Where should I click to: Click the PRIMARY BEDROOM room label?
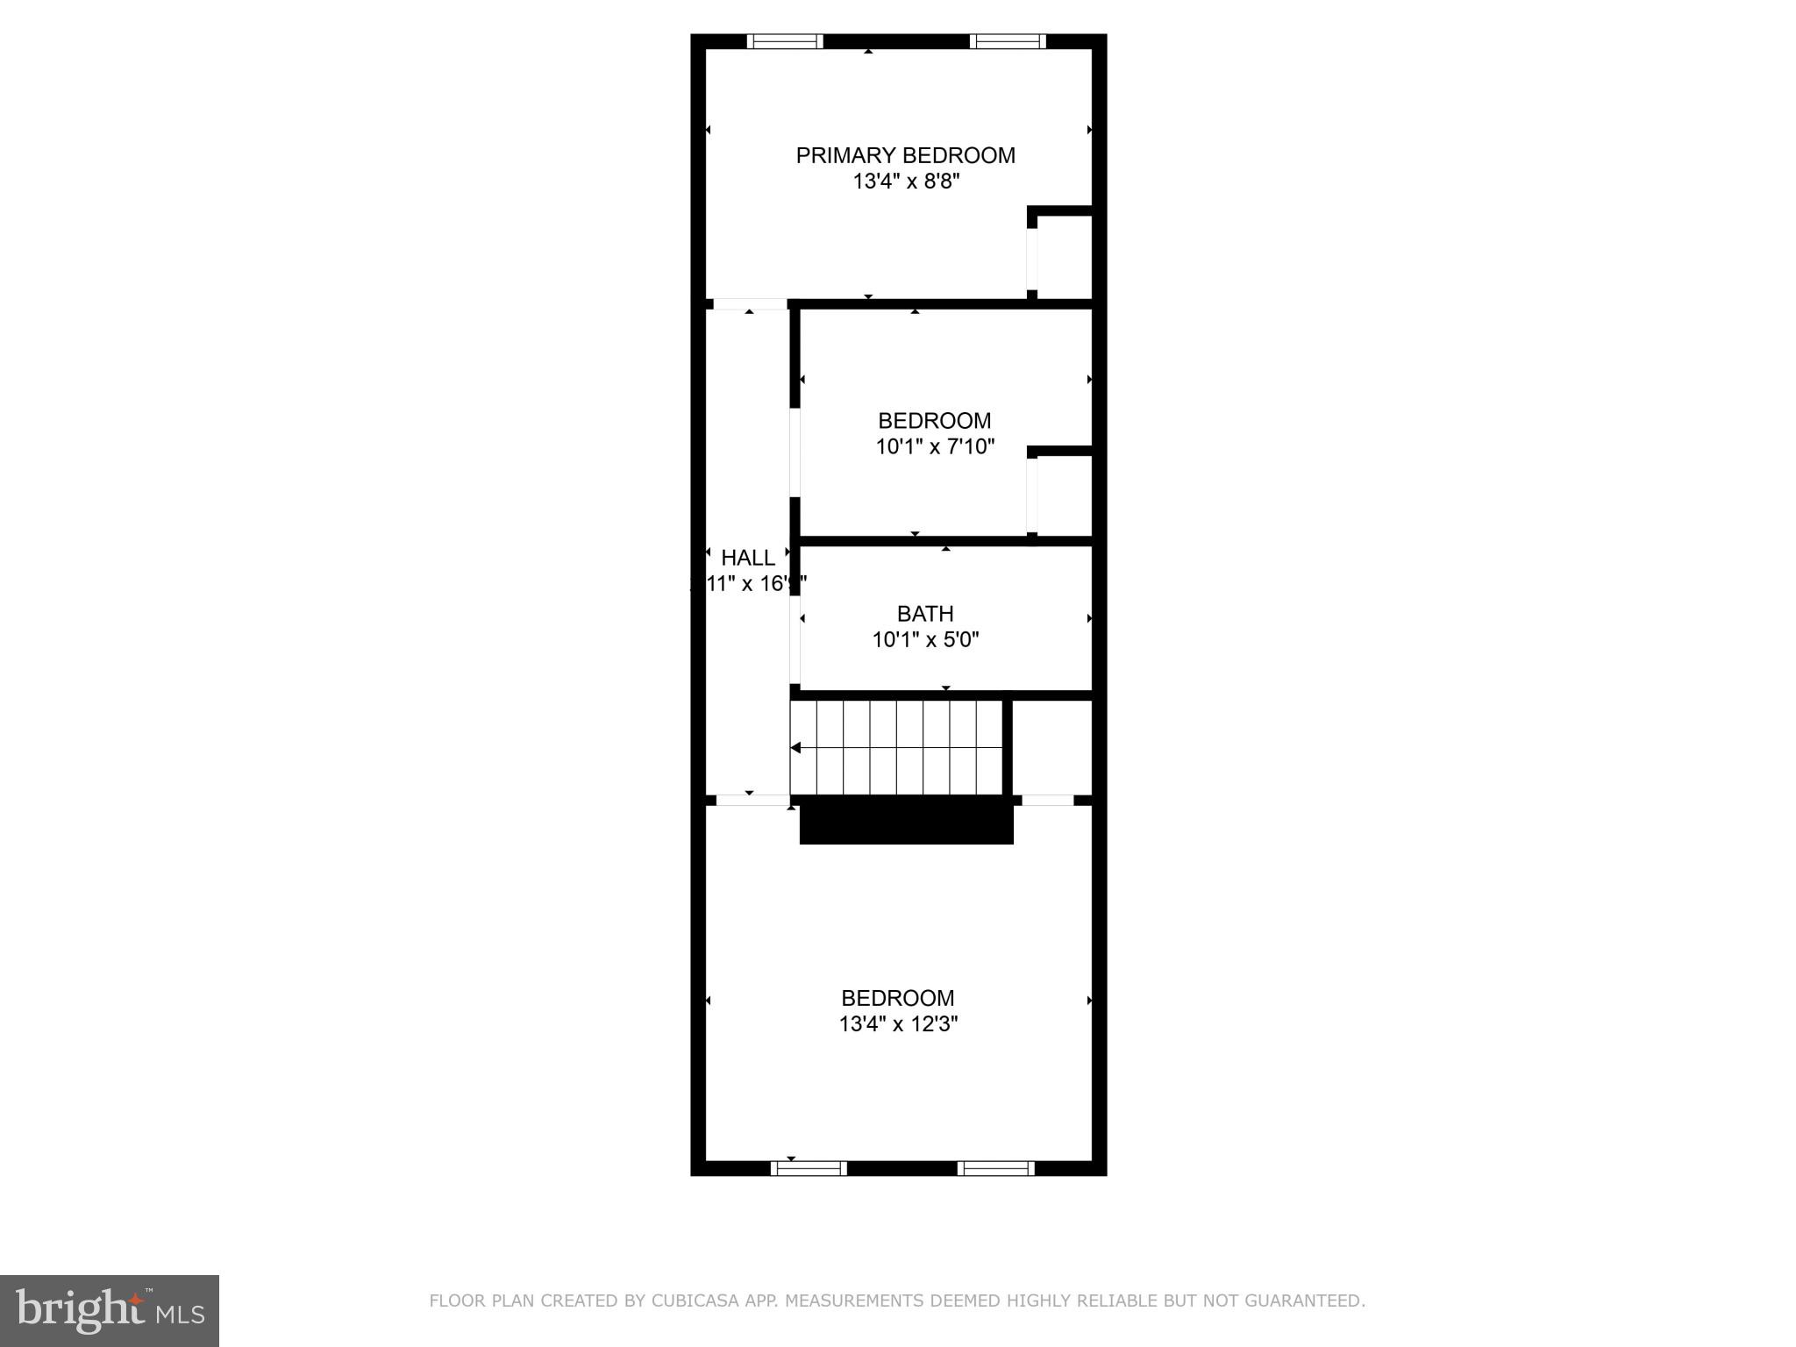(x=905, y=155)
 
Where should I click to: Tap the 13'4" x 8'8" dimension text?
(x=906, y=182)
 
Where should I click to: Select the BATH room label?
(x=925, y=614)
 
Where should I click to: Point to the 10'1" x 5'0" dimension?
(x=925, y=639)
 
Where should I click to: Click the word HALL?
(x=748, y=558)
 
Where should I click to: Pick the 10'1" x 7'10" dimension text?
(x=935, y=446)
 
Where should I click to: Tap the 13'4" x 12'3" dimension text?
(x=898, y=1023)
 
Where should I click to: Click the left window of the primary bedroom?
(x=784, y=41)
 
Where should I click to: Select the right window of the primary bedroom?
(x=1008, y=41)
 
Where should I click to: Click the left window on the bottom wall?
(x=809, y=1168)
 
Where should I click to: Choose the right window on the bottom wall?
(x=995, y=1168)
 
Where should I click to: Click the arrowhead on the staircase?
(x=796, y=748)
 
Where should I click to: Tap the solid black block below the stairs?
(x=906, y=822)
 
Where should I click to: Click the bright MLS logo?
(x=110, y=1310)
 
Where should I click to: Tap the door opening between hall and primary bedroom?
(x=749, y=304)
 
